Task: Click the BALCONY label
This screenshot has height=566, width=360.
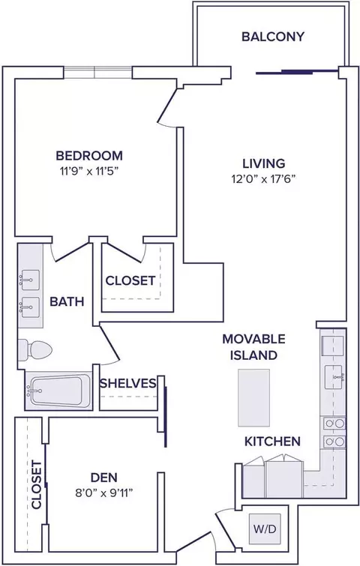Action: pos(273,37)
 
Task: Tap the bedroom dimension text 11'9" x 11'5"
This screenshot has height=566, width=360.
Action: pos(89,171)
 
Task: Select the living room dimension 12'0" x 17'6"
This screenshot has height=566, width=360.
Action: pos(263,179)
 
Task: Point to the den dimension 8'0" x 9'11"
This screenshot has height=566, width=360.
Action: pos(104,493)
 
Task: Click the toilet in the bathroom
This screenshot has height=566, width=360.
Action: pos(35,349)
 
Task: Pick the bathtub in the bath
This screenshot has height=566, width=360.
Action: pos(57,391)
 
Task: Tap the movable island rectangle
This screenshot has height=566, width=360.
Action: pos(253,397)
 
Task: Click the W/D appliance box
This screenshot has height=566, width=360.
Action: pos(265,529)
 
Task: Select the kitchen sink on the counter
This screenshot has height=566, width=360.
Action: pos(334,377)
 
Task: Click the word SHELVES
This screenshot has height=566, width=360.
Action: pos(128,383)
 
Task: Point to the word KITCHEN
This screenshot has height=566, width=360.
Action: pos(272,441)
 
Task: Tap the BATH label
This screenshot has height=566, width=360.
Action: pos(67,301)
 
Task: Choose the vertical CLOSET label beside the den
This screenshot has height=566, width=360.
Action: pos(37,484)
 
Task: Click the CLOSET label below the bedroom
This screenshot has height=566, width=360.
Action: pos(130,280)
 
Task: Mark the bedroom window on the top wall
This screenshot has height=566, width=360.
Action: pos(97,72)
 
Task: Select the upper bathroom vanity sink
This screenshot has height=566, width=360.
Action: pos(29,280)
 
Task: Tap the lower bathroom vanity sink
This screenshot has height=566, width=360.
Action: pos(29,307)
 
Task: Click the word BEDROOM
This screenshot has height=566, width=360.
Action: pos(89,156)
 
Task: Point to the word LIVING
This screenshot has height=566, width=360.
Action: pos(263,163)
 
